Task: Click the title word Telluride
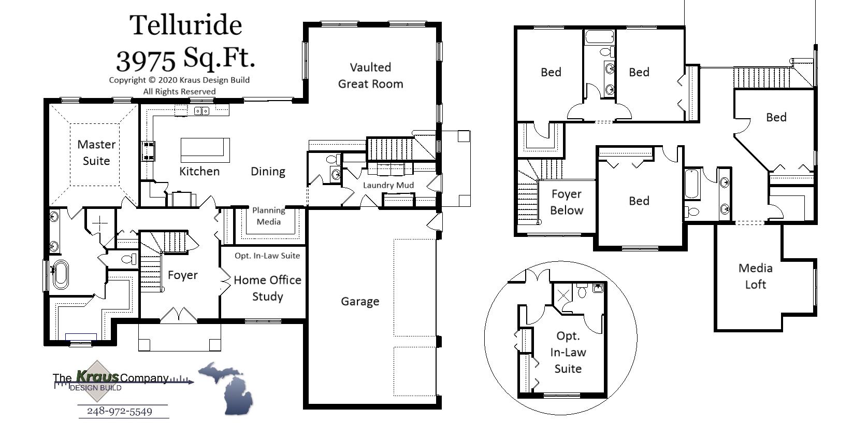pyautogui.click(x=185, y=25)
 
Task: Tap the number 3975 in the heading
pyautogui.click(x=146, y=61)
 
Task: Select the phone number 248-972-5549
pyautogui.click(x=120, y=412)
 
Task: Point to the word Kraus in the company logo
pyautogui.click(x=97, y=376)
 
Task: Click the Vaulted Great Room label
pyautogui.click(x=370, y=76)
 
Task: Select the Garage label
pyautogui.click(x=360, y=301)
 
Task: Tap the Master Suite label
pyautogui.click(x=96, y=152)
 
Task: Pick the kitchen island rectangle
pyautogui.click(x=205, y=150)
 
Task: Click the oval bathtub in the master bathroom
pyautogui.click(x=60, y=275)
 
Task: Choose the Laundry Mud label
pyautogui.click(x=388, y=185)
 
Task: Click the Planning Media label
pyautogui.click(x=268, y=216)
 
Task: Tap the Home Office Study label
pyautogui.click(x=267, y=288)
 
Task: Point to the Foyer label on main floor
pyautogui.click(x=183, y=275)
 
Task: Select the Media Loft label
pyautogui.click(x=756, y=276)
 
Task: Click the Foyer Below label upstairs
pyautogui.click(x=567, y=202)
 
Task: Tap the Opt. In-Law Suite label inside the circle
pyautogui.click(x=568, y=353)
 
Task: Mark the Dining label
pyautogui.click(x=268, y=172)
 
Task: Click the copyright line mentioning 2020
pyautogui.click(x=179, y=80)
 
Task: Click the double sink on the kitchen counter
pyautogui.click(x=201, y=111)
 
